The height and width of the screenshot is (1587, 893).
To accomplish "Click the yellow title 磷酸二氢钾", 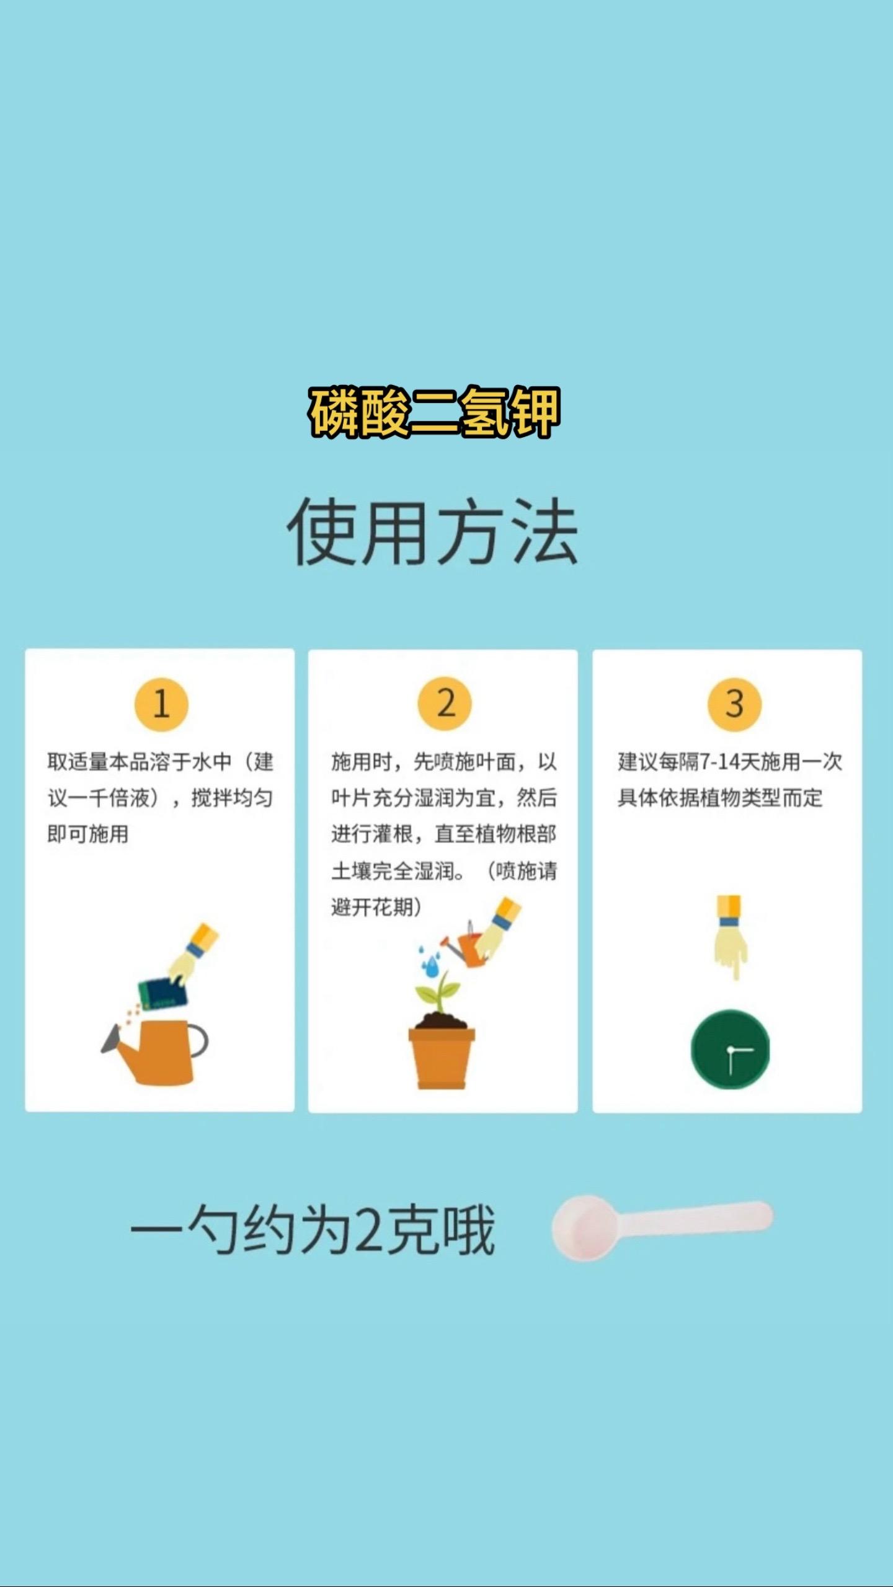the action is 434,412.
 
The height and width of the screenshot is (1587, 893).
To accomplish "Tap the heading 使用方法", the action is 432,532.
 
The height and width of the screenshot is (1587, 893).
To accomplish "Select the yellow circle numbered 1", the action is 161,704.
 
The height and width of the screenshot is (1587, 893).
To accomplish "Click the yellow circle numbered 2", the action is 445,704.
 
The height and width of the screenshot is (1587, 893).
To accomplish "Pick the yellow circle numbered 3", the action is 735,704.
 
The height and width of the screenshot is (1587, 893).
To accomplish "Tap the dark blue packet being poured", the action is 162,993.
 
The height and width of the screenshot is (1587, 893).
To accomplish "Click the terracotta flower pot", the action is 442,1058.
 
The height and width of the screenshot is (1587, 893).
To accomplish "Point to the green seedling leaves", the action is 438,992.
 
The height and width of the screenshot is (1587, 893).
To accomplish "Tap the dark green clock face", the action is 731,1049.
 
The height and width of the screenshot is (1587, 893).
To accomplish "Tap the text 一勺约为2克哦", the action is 313,1231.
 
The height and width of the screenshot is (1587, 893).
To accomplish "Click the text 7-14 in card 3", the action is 719,761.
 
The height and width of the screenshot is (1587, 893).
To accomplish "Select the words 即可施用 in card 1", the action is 88,834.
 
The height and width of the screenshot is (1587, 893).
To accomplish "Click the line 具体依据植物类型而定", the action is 720,798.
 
